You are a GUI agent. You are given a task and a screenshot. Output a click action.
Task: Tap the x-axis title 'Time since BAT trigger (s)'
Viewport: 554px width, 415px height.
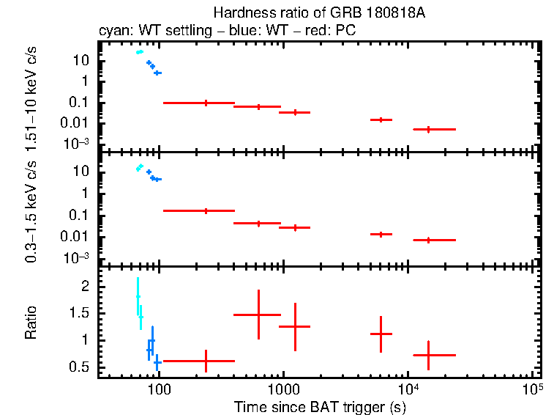point(316,406)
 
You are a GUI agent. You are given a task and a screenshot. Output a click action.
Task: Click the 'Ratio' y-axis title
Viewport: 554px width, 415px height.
point(31,325)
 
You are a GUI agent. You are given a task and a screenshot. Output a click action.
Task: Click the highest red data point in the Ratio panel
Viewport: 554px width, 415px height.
point(258,315)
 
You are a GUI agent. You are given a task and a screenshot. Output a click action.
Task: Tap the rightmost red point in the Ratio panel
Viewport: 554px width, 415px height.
point(429,355)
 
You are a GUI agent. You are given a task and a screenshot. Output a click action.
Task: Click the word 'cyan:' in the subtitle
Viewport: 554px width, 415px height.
point(113,32)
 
